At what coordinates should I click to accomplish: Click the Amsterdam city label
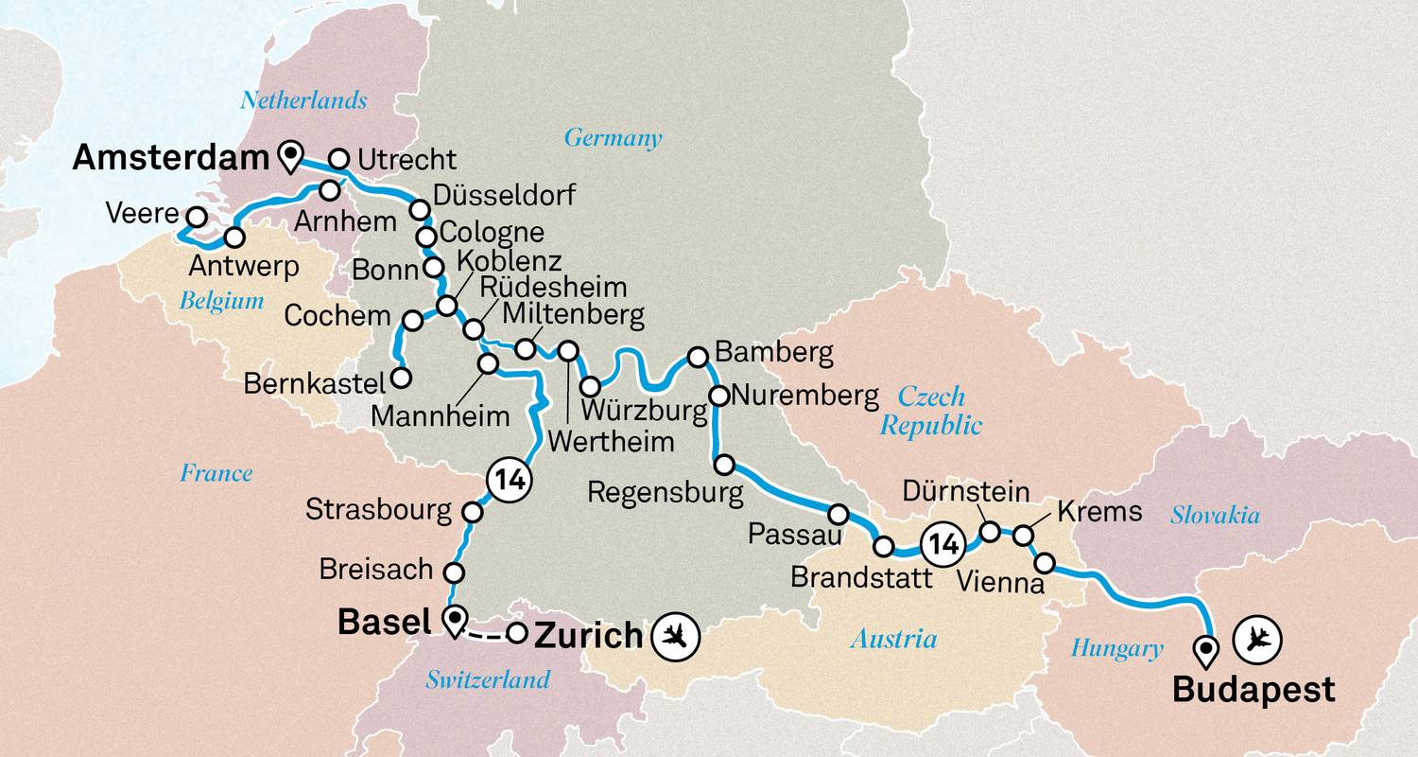pos(171,159)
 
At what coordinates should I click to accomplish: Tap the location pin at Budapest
pos(1205,649)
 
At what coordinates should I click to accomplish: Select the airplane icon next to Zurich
pos(676,636)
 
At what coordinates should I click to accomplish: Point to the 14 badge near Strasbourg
pos(506,482)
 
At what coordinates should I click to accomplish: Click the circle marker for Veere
pos(196,217)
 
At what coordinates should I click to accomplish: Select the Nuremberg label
pos(806,395)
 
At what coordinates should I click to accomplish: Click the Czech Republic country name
pos(931,410)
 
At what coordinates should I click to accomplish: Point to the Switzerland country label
pos(487,678)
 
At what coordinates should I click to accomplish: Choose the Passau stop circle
pos(839,514)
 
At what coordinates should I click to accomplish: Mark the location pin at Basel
pos(456,621)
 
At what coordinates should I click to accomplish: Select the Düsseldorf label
pos(503,196)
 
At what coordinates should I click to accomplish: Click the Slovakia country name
pos(1215,515)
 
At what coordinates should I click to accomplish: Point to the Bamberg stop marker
pos(697,357)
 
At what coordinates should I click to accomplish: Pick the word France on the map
pos(216,473)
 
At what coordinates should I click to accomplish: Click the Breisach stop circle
pos(454,572)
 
